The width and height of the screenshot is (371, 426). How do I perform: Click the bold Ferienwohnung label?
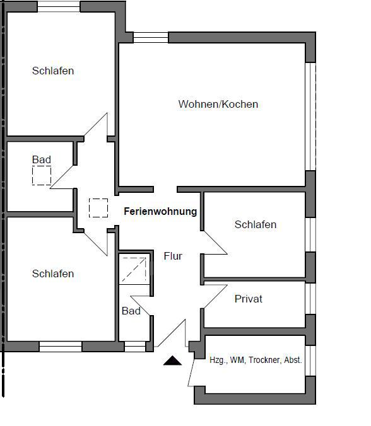[x=160, y=211]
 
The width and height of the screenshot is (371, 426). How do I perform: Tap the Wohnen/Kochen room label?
[x=218, y=104]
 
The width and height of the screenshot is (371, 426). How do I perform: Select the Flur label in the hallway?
[x=173, y=256]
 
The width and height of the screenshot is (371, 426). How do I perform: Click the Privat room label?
[x=249, y=299]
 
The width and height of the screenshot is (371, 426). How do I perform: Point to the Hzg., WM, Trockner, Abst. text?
[x=256, y=360]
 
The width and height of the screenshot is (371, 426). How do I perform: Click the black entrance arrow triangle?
[x=172, y=360]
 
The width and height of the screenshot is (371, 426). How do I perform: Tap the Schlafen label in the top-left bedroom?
[x=53, y=71]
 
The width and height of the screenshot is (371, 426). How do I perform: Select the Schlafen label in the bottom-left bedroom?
[x=53, y=273]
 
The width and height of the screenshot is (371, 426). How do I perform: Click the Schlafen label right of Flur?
[x=256, y=224]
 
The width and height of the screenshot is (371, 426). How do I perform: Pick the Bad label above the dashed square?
[x=42, y=159]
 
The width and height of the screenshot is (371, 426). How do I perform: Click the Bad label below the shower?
[x=131, y=311]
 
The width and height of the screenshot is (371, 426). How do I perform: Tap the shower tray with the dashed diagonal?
[x=134, y=269]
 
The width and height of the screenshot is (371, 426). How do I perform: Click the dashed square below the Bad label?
[x=42, y=176]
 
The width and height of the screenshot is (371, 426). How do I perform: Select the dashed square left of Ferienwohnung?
[x=98, y=208]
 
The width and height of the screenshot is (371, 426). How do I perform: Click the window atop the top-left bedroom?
[x=59, y=6]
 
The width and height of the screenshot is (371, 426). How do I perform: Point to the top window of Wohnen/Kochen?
[x=151, y=37]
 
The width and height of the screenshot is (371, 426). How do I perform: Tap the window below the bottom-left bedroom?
[x=61, y=347]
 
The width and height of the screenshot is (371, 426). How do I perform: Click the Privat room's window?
[x=310, y=299]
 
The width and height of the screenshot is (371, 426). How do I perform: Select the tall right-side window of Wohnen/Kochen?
[x=310, y=117]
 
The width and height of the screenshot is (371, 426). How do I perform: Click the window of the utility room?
[x=310, y=361]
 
